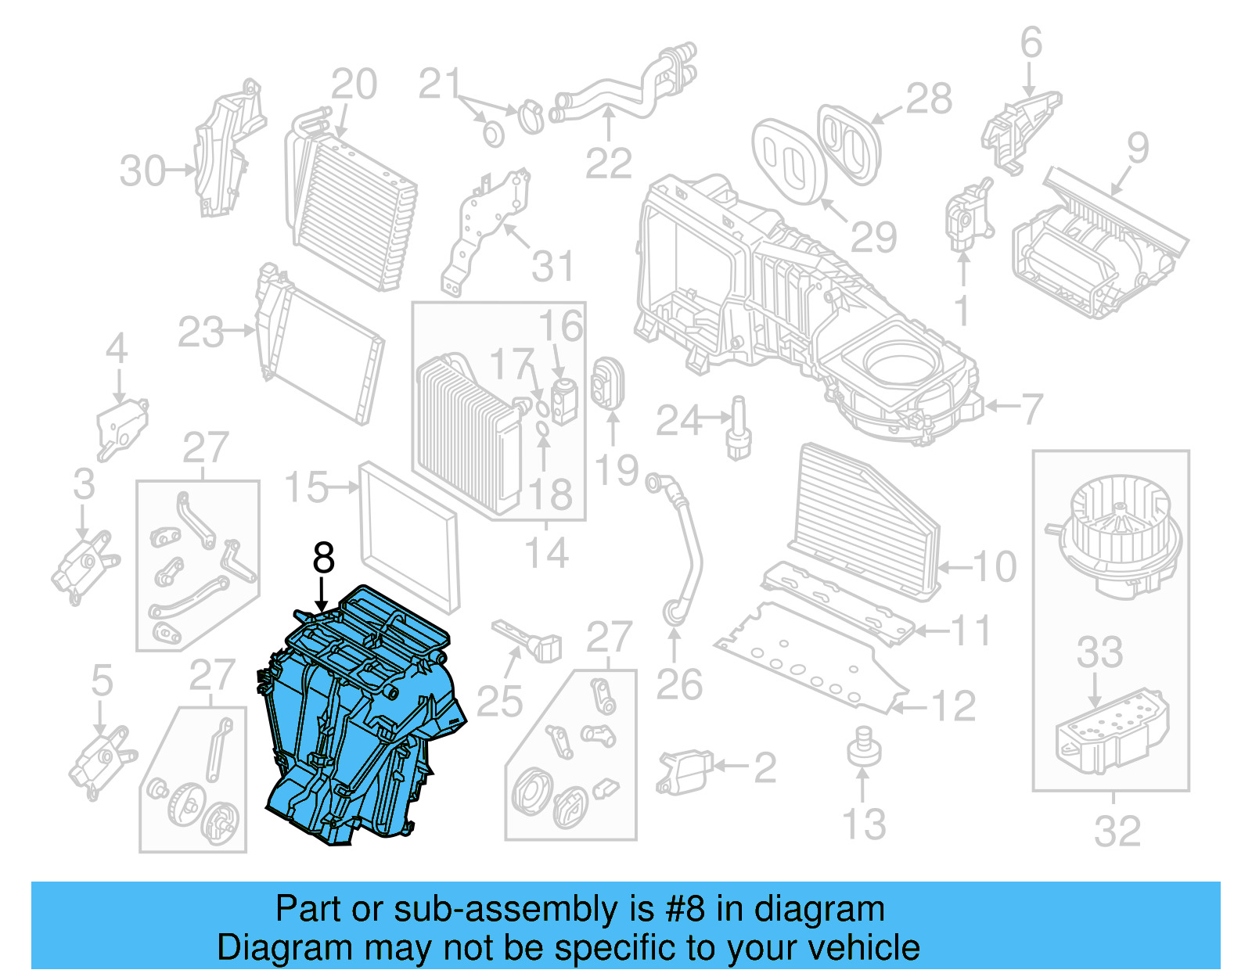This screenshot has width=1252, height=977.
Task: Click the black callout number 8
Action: pyautogui.click(x=323, y=558)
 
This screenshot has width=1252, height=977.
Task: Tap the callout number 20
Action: pyautogui.click(x=354, y=84)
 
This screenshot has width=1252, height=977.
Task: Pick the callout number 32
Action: pyautogui.click(x=1117, y=832)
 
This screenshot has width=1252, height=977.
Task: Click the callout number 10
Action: pyautogui.click(x=995, y=566)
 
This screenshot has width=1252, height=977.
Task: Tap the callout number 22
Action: pyautogui.click(x=608, y=163)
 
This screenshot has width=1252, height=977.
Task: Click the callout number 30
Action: pyautogui.click(x=142, y=171)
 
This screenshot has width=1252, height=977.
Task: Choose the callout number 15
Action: pyautogui.click(x=306, y=487)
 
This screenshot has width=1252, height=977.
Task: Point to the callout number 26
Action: pyautogui.click(x=678, y=685)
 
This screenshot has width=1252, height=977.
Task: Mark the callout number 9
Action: pyautogui.click(x=1137, y=148)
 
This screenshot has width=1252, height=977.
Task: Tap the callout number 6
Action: pyautogui.click(x=1031, y=42)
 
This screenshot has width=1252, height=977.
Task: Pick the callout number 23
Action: pyautogui.click(x=201, y=332)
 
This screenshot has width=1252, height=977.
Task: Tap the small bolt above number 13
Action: pyautogui.click(x=863, y=746)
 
